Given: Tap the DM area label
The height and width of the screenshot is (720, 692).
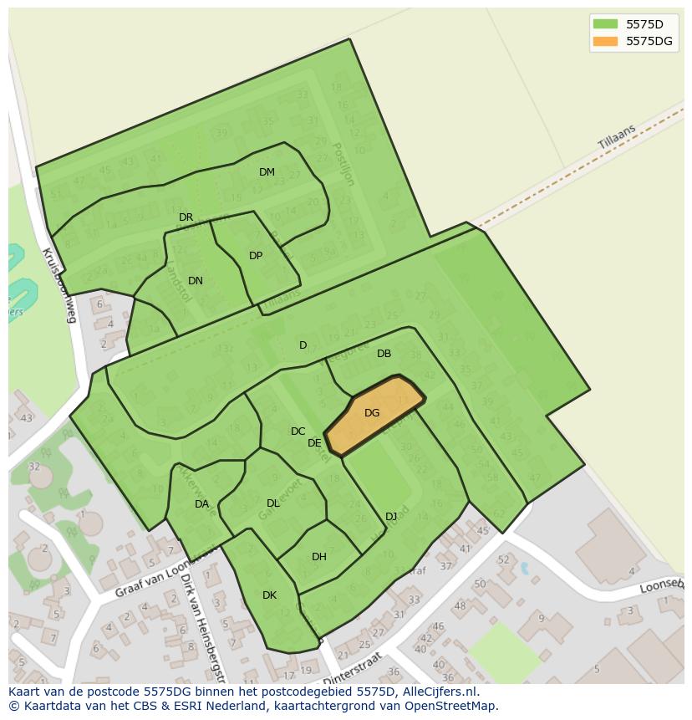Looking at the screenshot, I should pos(267,172).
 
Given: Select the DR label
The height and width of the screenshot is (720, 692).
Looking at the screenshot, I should pos(186,217).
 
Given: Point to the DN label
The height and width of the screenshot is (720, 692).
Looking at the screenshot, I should pos(195,281).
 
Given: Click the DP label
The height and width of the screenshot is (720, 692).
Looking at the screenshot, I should pos(256,256).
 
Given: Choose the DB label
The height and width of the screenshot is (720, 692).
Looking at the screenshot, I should pos(384,354).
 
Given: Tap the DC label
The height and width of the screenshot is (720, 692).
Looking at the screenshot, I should pos(298,431).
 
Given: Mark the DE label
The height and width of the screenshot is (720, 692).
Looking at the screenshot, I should pos(314,443).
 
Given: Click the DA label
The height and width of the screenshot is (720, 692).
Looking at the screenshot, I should pos(201,504).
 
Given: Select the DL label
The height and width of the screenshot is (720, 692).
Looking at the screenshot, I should pos(272,503).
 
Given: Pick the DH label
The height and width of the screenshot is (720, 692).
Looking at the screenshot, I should pos(318,557).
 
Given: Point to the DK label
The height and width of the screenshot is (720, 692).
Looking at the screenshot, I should pos(269,595).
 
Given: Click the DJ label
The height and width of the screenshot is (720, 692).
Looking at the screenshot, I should pos(391,517).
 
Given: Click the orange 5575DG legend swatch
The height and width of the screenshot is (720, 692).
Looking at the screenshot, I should pos(604,41).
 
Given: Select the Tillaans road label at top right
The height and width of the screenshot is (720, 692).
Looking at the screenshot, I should pos(617,138).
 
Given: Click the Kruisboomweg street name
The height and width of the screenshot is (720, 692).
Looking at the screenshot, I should pos(59,284).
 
